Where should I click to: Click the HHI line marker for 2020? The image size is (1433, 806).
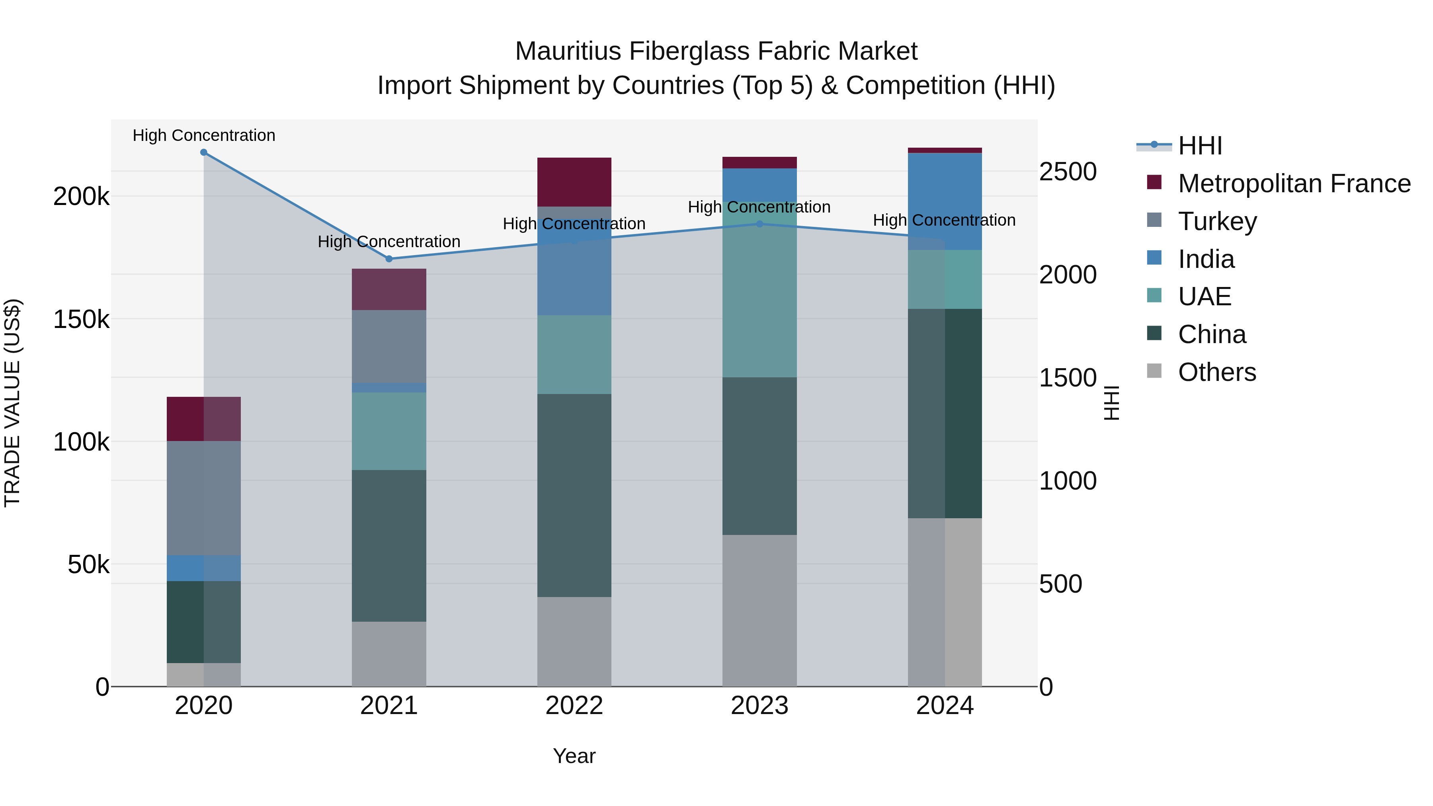click(x=203, y=152)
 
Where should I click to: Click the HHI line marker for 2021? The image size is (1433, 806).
click(x=389, y=259)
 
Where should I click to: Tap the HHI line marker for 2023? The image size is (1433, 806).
click(x=760, y=224)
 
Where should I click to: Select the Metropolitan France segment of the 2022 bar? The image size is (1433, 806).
click(x=574, y=182)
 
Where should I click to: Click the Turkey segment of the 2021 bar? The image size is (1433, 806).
click(x=389, y=346)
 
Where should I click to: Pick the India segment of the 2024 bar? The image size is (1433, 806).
click(x=945, y=201)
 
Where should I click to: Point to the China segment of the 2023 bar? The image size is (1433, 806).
click(x=759, y=456)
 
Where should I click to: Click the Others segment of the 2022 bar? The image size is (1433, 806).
click(x=574, y=641)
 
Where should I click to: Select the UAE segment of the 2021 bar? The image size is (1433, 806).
click(x=389, y=431)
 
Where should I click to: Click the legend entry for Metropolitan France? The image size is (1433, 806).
click(x=1294, y=183)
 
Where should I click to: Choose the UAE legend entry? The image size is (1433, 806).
click(x=1205, y=297)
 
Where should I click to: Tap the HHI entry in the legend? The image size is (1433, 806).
click(x=1200, y=146)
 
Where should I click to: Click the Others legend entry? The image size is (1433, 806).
click(x=1216, y=372)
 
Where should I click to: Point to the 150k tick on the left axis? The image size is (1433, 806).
click(x=81, y=320)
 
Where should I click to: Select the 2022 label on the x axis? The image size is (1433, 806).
click(x=574, y=706)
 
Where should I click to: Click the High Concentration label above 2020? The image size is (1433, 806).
click(x=203, y=135)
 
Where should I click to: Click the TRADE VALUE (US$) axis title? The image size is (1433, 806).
click(x=12, y=403)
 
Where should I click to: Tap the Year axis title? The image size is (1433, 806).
click(x=574, y=756)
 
